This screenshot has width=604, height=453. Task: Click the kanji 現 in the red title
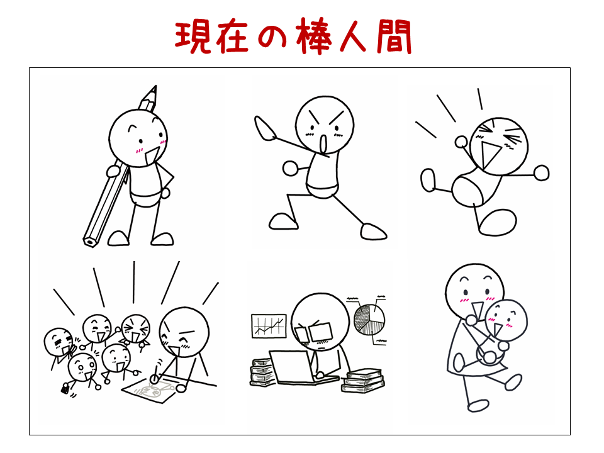coord(193,37)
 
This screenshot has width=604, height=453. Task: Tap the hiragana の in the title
coord(272,37)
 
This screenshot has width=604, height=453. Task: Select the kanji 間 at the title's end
coord(394,37)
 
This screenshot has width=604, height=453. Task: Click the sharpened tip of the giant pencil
coord(155,88)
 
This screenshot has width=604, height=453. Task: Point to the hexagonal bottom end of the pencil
coord(90,242)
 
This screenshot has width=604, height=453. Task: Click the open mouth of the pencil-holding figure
coord(152,156)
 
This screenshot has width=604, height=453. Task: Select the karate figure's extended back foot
coord(373,232)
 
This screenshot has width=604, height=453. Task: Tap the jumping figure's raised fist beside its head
coord(461,142)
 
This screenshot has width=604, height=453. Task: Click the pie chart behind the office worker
coord(369,320)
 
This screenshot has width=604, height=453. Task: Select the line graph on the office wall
coord(269,326)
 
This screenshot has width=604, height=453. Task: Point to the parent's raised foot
coord(513,382)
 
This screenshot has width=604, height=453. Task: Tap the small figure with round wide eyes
coord(82,369)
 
